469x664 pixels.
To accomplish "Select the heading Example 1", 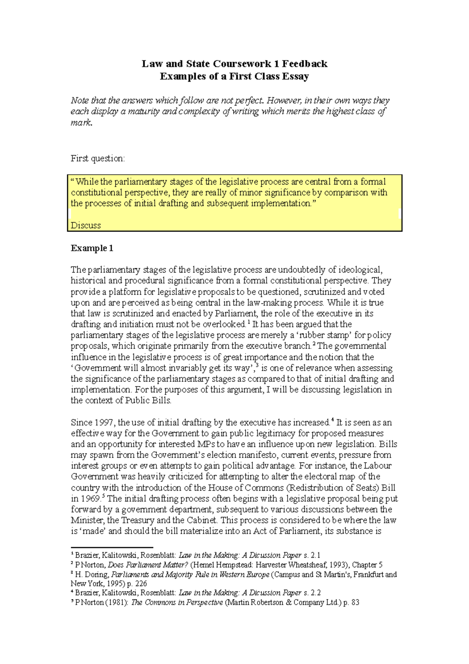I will click(92, 248).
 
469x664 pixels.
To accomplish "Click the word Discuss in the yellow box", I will click(86, 225).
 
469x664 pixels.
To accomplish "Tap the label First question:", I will click(98, 158).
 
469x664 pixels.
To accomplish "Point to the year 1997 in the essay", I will click(104, 423).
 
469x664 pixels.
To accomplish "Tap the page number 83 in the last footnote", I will click(355, 602).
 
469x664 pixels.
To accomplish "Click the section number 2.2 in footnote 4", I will click(316, 593).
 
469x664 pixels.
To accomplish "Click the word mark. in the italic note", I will click(81, 122).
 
